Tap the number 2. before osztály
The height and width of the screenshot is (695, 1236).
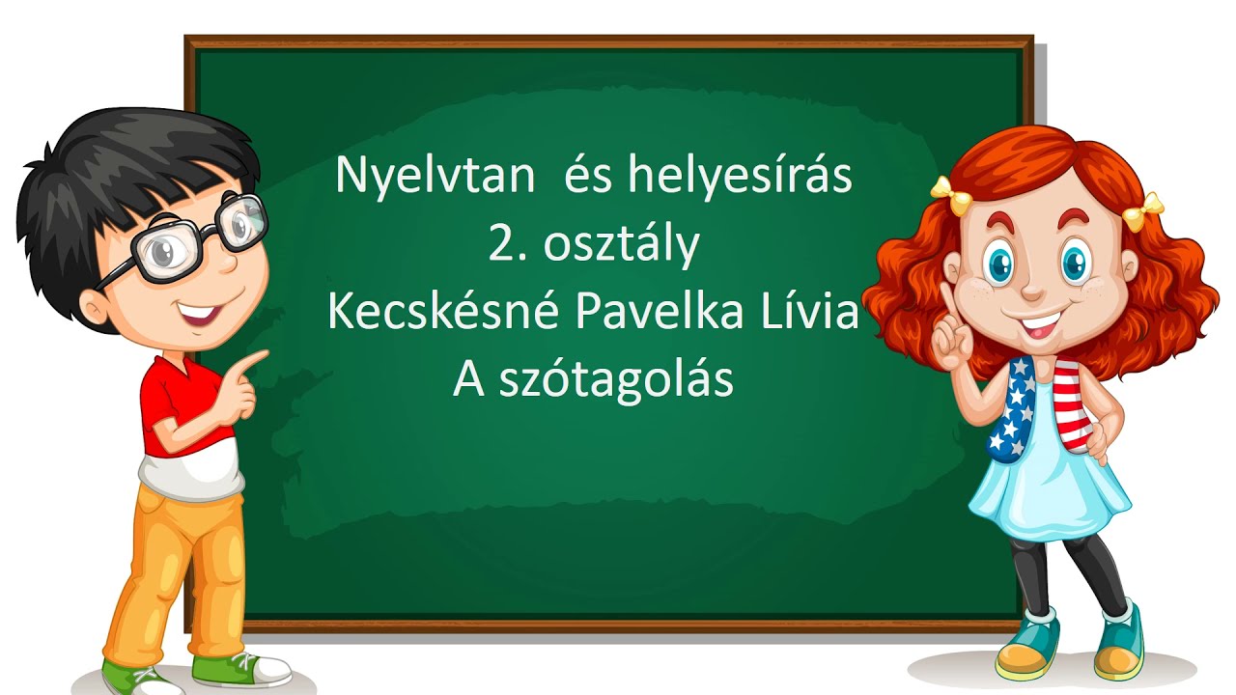tap(506, 246)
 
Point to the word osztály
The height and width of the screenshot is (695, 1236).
tap(621, 246)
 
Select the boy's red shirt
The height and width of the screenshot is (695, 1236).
tap(179, 410)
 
